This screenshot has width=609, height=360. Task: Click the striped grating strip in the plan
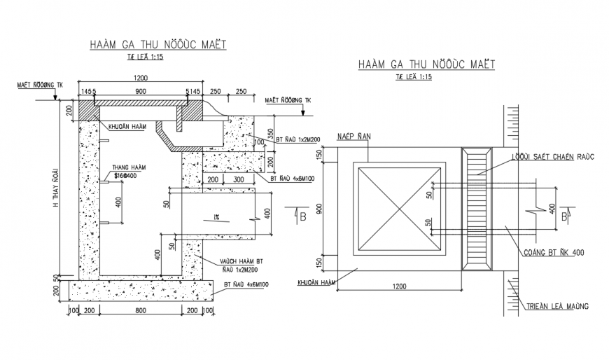pos(479,210)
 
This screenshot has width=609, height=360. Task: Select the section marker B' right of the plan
pos(566,216)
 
